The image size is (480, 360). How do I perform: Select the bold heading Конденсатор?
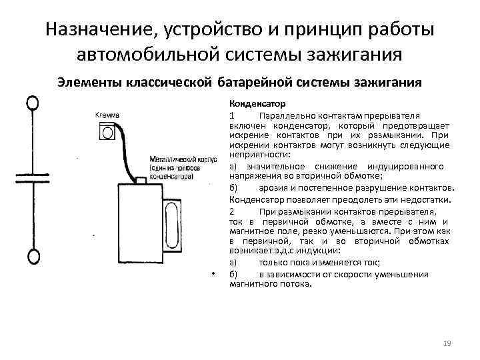257,105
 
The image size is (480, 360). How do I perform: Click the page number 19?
447,343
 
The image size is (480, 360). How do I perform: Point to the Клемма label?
107,115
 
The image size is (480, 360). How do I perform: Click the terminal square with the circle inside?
107,133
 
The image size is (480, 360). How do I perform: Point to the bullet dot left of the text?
212,273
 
